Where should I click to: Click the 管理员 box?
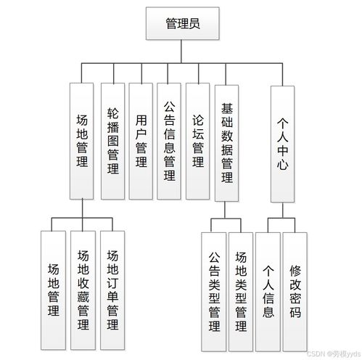point(183,23)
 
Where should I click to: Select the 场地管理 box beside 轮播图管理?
point(81,141)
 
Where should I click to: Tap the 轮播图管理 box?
point(112,141)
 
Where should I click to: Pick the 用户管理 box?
point(141,141)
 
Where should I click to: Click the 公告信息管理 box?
point(169,141)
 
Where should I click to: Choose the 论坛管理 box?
point(197,141)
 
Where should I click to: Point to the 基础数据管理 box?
point(226,143)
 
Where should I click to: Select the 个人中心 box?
point(282,144)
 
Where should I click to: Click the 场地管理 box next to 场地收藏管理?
point(53,290)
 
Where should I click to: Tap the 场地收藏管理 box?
point(83,290)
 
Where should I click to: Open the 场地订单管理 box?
point(112,290)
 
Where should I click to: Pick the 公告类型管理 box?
point(214,292)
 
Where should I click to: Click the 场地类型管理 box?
point(241,292)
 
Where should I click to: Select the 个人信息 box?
point(268,292)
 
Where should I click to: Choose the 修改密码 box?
point(295,292)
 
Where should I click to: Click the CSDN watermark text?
point(334,354)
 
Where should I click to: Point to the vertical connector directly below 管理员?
point(181,52)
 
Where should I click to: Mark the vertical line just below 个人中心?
point(283,210)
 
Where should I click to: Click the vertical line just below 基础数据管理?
point(225,210)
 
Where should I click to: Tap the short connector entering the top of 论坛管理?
point(199,73)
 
